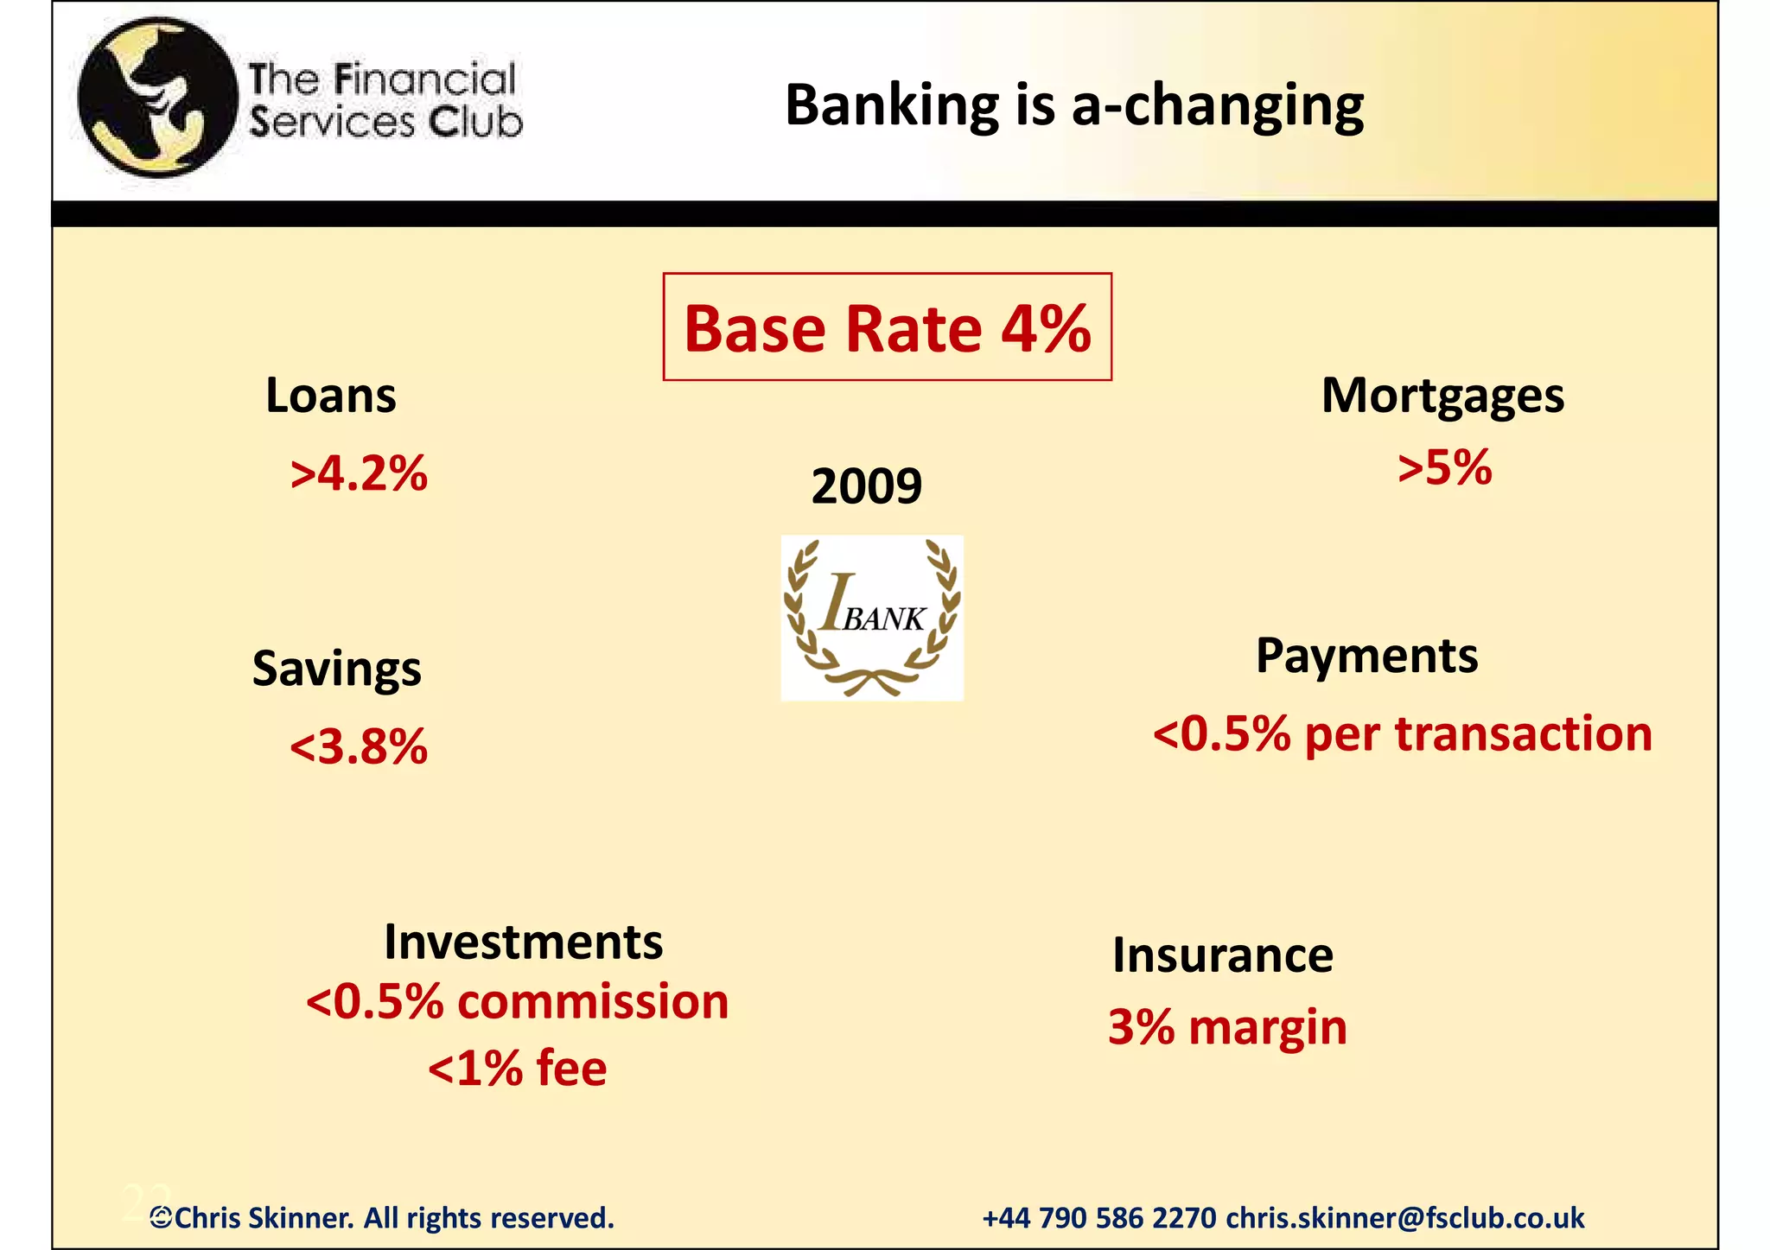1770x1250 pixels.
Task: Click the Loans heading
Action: point(330,396)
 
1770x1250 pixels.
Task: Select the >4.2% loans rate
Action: point(359,473)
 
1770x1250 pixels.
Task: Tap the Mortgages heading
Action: point(1442,396)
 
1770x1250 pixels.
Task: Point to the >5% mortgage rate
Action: point(1444,467)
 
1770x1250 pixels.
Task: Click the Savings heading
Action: point(336,669)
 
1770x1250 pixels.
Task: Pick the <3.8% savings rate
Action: point(359,746)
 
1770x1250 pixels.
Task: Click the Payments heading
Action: point(1366,656)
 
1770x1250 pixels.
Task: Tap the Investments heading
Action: point(523,942)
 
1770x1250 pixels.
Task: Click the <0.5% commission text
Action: point(517,1002)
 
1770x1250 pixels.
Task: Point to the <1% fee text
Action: point(517,1068)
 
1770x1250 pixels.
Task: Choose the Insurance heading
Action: point(1222,955)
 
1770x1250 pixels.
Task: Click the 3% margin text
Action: point(1227,1027)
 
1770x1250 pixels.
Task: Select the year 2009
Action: point(866,485)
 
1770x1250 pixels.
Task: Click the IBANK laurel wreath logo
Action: point(871,618)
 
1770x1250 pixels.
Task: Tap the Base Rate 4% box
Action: point(887,327)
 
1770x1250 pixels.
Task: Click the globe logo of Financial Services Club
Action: point(156,98)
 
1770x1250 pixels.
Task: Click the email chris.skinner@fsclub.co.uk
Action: point(1404,1218)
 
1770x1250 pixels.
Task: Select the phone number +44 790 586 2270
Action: point(1098,1218)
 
